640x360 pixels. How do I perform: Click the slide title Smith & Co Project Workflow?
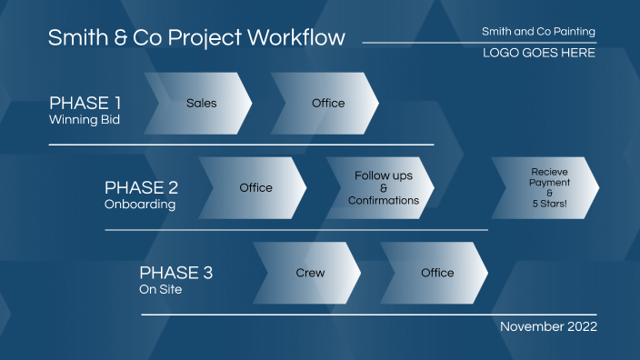[196, 38]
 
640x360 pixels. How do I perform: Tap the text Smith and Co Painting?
[538, 32]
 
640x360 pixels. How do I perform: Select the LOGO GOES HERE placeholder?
[539, 53]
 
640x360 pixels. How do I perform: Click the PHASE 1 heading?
[85, 102]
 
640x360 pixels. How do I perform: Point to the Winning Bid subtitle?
[84, 119]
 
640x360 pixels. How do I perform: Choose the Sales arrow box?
[201, 104]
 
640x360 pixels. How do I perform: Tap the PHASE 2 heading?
[141, 187]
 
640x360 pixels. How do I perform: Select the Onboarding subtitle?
[140, 205]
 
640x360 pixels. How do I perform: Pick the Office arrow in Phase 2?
[255, 188]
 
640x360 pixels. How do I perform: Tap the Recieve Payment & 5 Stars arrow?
[548, 188]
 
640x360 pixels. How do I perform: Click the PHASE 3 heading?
[176, 273]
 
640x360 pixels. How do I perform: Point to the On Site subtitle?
[160, 290]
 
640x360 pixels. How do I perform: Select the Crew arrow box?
[310, 273]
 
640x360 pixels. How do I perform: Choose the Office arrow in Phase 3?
[437, 273]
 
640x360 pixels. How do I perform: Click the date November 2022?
[548, 326]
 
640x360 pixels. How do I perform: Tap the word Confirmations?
[383, 201]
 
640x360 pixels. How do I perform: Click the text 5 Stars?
[549, 205]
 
